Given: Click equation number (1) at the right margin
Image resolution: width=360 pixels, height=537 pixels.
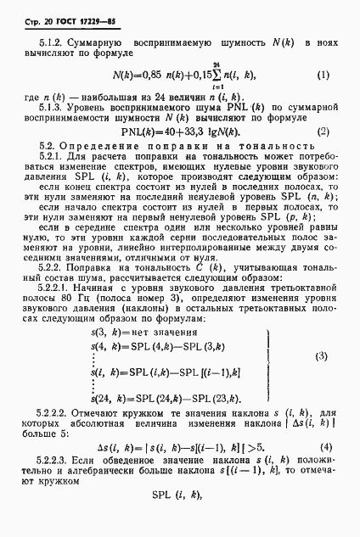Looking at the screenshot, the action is [x=323, y=76].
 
